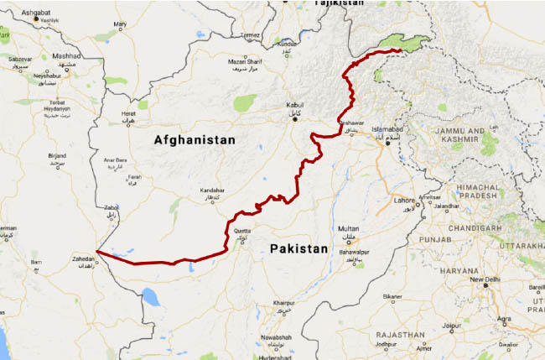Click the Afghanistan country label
(195, 141)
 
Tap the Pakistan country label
(298, 249)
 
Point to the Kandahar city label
(213, 190)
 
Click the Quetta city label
(241, 231)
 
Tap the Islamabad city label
(389, 130)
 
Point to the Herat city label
(128, 112)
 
